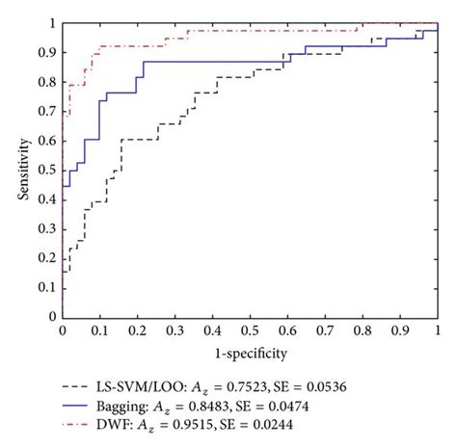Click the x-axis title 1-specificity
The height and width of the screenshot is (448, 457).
(x=250, y=352)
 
